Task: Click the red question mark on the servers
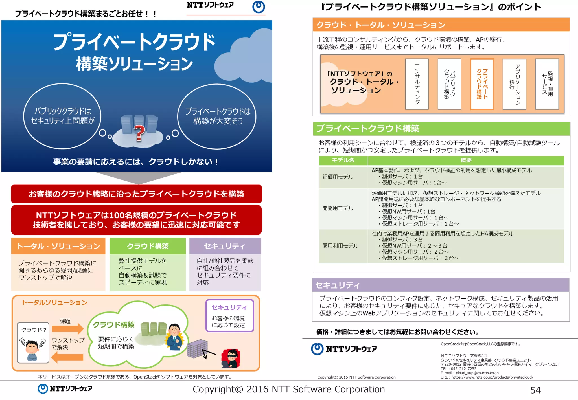click(139, 133)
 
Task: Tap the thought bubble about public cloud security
click(62, 116)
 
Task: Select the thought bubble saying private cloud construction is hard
click(217, 116)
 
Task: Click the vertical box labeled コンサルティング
click(417, 84)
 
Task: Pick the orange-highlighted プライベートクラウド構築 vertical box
click(482, 84)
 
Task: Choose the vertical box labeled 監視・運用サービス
click(547, 84)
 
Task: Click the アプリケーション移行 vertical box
click(514, 84)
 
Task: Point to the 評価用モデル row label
click(338, 177)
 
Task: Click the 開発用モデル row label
click(338, 208)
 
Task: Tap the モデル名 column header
click(343, 160)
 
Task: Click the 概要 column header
click(466, 160)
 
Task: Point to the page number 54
click(535, 390)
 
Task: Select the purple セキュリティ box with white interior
click(229, 315)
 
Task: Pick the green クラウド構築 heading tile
click(148, 246)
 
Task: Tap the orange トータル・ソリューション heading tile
click(58, 246)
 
